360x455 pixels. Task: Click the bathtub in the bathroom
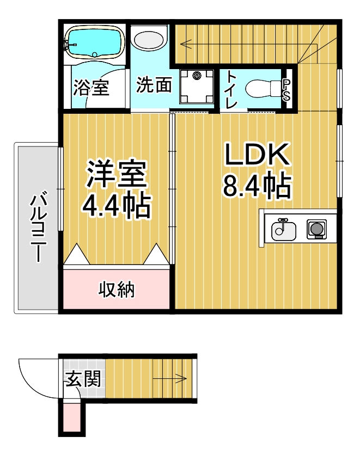[x=94, y=42]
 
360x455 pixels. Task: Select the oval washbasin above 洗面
[x=150, y=40]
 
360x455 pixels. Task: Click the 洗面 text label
[x=154, y=85]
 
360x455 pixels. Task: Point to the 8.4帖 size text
[x=256, y=186]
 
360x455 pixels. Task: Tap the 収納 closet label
[x=116, y=290]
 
